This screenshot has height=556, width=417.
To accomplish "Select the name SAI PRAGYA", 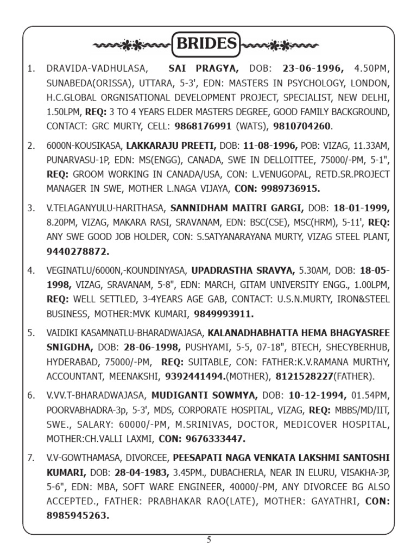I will (x=204, y=69).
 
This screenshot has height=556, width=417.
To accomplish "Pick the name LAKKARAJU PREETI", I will (x=171, y=146).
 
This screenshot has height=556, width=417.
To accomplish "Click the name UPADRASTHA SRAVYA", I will (x=250, y=270).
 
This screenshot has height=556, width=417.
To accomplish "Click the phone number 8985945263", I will (x=78, y=516).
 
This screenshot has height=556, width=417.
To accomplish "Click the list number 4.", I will (x=31, y=270).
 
